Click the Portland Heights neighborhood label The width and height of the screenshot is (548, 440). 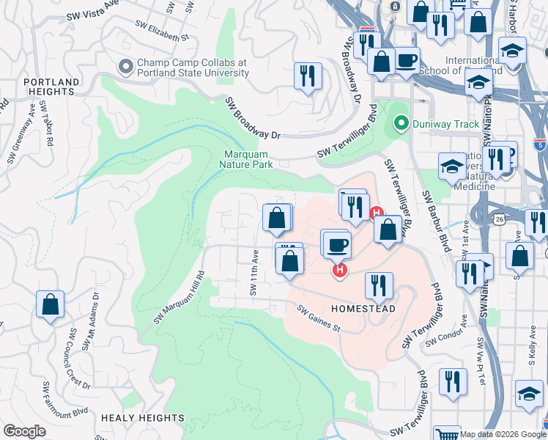[x=51, y=87]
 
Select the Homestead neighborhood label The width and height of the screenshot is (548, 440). [x=363, y=309]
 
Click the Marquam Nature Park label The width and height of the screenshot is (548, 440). [x=246, y=159]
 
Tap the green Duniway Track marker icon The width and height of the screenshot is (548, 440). [x=399, y=123]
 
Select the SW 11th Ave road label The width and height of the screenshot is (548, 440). [x=254, y=272]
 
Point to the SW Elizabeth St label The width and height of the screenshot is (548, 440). [x=162, y=30]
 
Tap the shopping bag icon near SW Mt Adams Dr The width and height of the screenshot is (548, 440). [x=50, y=305]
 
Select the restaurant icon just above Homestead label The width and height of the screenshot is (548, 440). [x=379, y=285]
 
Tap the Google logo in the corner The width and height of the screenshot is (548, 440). [x=24, y=431]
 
